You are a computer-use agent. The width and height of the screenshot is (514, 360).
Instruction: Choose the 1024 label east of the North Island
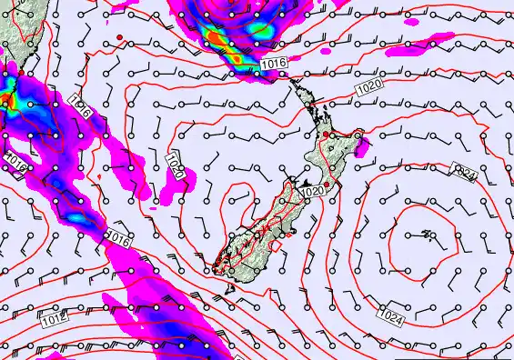466,171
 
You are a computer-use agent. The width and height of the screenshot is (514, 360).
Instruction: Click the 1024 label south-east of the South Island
391,317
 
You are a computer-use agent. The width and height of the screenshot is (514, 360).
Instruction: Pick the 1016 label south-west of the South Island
116,238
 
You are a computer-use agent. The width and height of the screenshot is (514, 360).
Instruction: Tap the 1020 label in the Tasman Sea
176,165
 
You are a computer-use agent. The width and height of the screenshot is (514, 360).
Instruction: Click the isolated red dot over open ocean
119,36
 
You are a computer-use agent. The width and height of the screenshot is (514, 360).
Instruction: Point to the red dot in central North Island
327,135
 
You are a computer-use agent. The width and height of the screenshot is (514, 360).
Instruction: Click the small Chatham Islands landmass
427,235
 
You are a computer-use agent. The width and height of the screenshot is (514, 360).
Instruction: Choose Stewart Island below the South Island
229,287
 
